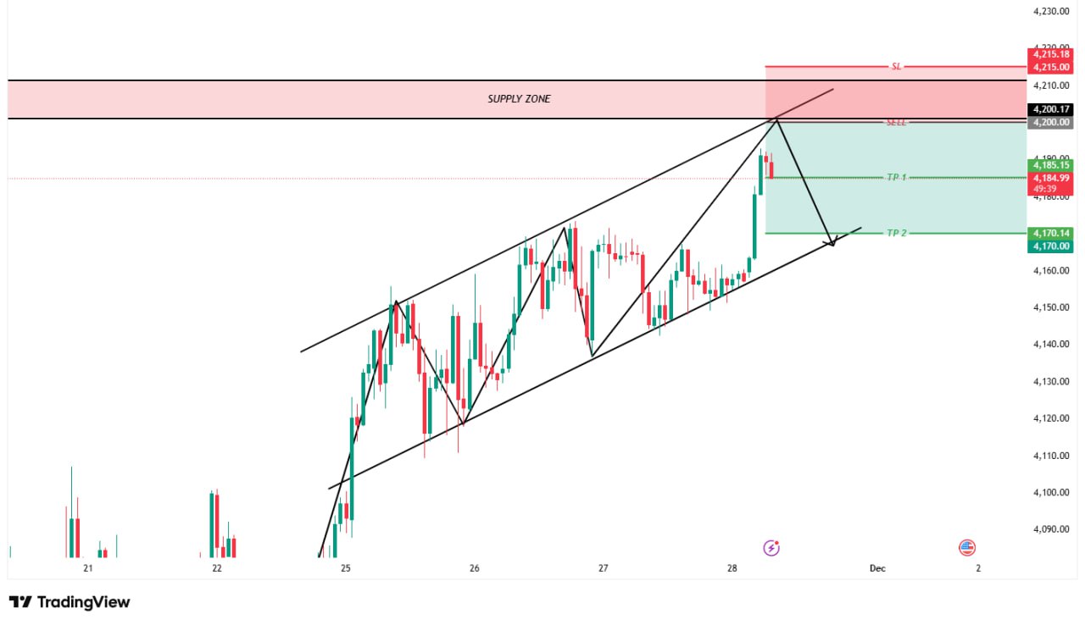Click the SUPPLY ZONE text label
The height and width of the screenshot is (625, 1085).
pyautogui.click(x=519, y=99)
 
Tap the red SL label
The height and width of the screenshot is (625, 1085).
pyautogui.click(x=896, y=66)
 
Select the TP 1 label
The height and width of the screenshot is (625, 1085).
pyautogui.click(x=896, y=178)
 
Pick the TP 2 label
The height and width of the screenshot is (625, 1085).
pyautogui.click(x=896, y=233)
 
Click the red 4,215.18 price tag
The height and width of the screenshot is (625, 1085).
pyautogui.click(x=1051, y=54)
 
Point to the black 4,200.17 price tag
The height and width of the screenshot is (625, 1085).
pyautogui.click(x=1051, y=109)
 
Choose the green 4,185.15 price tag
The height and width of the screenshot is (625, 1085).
pyautogui.click(x=1051, y=164)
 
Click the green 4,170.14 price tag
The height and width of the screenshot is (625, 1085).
pyautogui.click(x=1051, y=233)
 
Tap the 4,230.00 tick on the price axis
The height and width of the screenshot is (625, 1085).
pyautogui.click(x=1050, y=12)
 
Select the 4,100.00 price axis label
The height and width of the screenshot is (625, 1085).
pyautogui.click(x=1050, y=492)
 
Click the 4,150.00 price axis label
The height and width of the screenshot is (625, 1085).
pyautogui.click(x=1050, y=307)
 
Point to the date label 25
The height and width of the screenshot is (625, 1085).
pyautogui.click(x=345, y=568)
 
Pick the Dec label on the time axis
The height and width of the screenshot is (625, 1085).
pyautogui.click(x=877, y=568)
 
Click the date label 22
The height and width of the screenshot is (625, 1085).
pyautogui.click(x=217, y=568)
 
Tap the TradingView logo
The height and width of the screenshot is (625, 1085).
pyautogui.click(x=70, y=602)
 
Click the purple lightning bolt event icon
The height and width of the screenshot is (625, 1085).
pyautogui.click(x=771, y=548)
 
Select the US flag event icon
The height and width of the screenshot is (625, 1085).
pyautogui.click(x=967, y=548)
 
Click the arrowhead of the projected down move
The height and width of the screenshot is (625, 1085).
pyautogui.click(x=832, y=243)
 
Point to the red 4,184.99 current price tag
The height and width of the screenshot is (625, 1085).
pyautogui.click(x=1051, y=178)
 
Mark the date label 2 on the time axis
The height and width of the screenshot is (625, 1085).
pyautogui.click(x=978, y=568)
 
